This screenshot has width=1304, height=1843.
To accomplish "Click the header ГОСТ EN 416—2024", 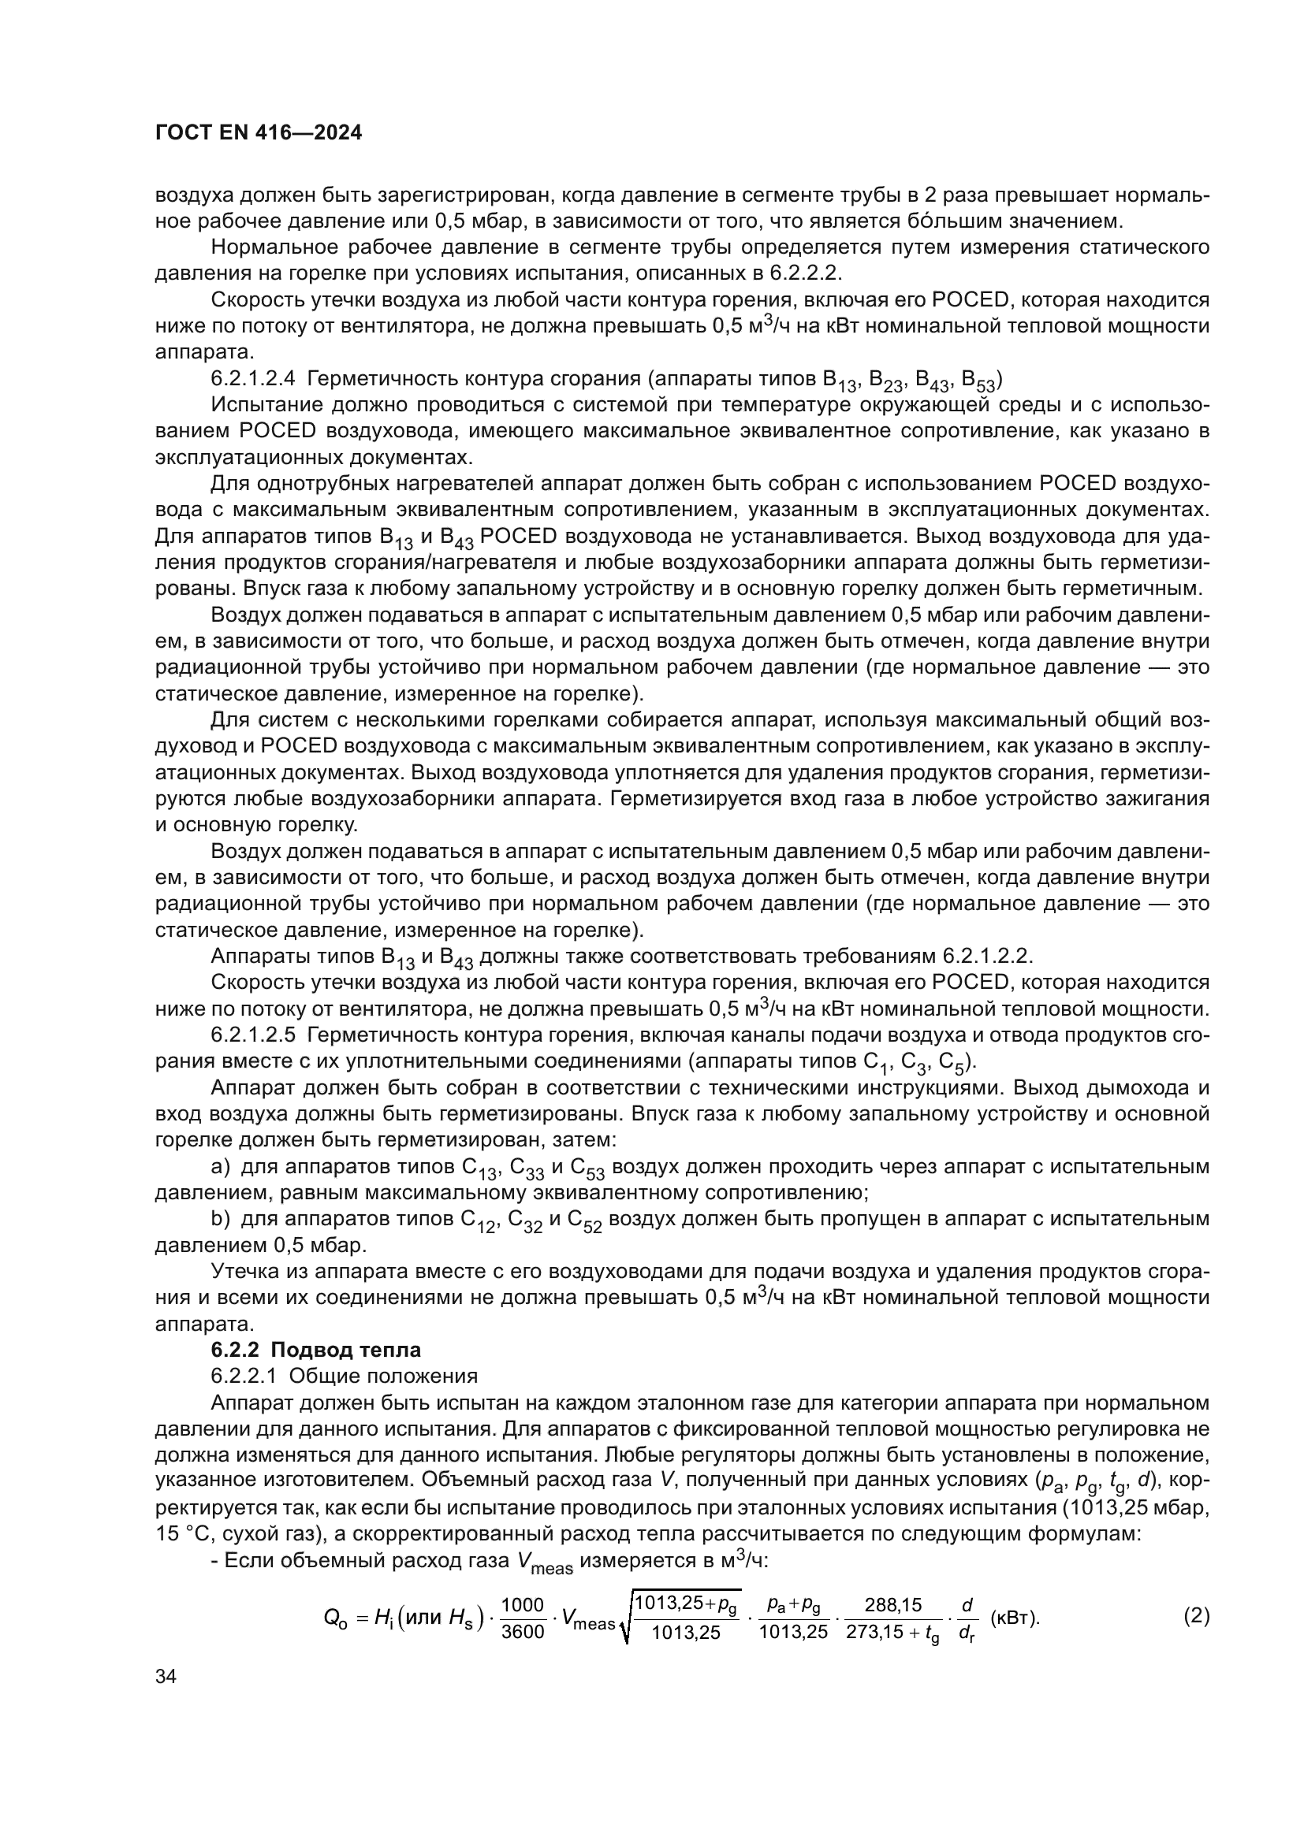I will (259, 133).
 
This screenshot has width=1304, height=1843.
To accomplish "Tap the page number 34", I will (166, 1677).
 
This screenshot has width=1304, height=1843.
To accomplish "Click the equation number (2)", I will (1197, 1615).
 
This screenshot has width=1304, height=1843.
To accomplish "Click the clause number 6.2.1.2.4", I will (252, 378).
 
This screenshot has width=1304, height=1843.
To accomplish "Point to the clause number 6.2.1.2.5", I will (252, 1035).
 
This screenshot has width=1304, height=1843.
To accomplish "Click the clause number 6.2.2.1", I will (244, 1376).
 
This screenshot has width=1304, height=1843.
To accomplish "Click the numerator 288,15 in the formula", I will (893, 1604).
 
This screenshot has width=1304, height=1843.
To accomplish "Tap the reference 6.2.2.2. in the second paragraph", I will (806, 273).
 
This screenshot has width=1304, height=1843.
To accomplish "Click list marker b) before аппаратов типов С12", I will (220, 1218).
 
